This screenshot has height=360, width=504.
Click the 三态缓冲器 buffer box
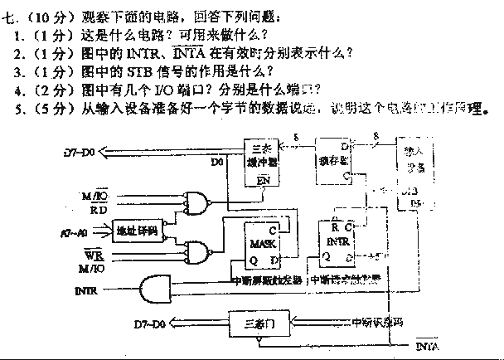tap(265, 162)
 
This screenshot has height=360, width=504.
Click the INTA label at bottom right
tap(426, 343)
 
